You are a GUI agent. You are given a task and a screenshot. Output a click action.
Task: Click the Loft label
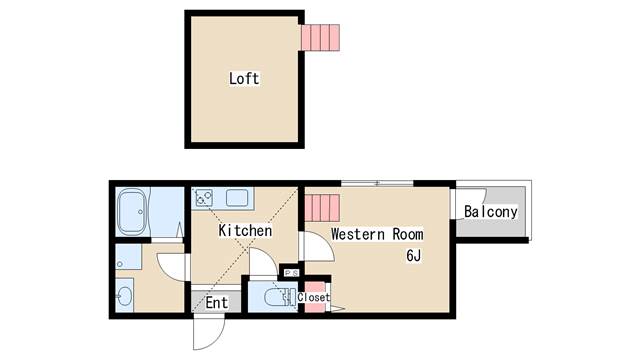[244, 78]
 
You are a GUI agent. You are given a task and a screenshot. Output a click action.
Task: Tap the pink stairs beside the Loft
[321, 37]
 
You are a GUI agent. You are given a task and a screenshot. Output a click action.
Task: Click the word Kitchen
[245, 231]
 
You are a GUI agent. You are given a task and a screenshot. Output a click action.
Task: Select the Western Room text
[377, 234]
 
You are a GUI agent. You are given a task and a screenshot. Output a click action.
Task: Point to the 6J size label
[413, 255]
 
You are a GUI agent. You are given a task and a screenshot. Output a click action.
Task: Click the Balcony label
[491, 212]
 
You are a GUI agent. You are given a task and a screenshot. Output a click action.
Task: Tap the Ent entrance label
[217, 302]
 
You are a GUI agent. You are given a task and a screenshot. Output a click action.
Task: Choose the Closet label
[313, 297]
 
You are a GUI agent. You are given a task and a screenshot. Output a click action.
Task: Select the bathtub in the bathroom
[134, 213]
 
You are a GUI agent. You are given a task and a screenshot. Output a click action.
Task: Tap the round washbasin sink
[124, 296]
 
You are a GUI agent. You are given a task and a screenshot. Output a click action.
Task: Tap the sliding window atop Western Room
[377, 183]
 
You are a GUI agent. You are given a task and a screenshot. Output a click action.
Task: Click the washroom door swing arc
[172, 264]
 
